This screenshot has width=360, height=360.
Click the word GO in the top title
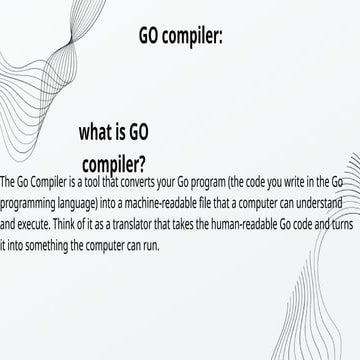point(153,36)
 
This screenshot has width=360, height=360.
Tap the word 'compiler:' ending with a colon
point(196,37)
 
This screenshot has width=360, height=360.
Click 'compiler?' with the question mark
point(113,161)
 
